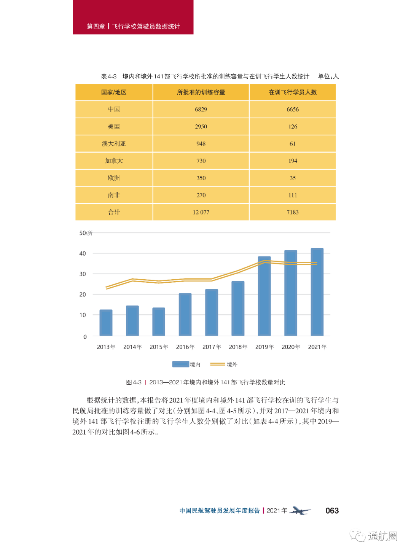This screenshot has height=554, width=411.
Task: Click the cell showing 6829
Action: click(x=201, y=110)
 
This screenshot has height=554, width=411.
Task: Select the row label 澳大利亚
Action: click(x=114, y=144)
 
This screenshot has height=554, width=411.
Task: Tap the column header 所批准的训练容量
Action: click(x=201, y=92)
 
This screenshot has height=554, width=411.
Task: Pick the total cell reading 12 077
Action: click(x=201, y=212)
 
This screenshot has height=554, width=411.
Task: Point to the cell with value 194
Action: click(x=293, y=161)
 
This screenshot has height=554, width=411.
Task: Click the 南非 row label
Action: click(x=114, y=195)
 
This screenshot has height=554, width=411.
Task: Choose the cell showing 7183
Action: click(x=293, y=212)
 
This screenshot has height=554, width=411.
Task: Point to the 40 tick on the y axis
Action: click(x=83, y=253)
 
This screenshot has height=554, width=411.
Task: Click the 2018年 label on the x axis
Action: click(x=238, y=347)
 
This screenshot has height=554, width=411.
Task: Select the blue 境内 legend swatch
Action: click(x=180, y=364)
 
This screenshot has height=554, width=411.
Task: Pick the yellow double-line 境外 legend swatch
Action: click(x=218, y=364)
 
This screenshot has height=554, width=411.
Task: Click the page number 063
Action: click(x=332, y=511)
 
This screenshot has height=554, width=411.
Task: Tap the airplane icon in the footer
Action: click(x=300, y=511)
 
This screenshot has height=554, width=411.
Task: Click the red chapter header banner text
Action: click(x=133, y=26)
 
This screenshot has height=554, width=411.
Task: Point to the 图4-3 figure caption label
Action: click(x=134, y=382)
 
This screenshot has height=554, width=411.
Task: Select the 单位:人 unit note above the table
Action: click(x=328, y=76)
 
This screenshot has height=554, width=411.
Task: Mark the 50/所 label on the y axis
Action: click(x=86, y=233)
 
